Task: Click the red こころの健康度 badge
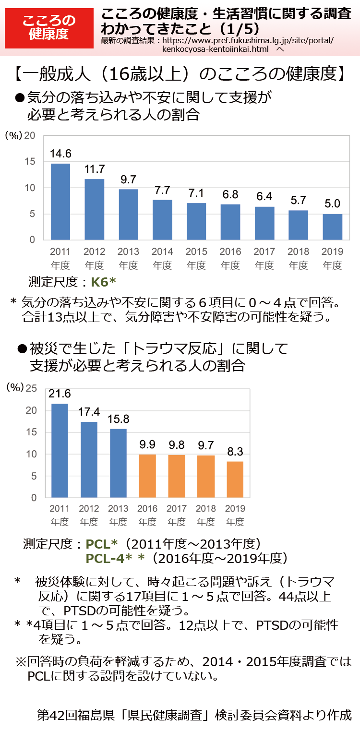(49, 27)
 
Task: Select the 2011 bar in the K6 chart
(60, 202)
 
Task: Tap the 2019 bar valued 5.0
(332, 227)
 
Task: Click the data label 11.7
(95, 169)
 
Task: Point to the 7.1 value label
(196, 193)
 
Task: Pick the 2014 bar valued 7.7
(162, 219)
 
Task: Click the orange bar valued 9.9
(147, 476)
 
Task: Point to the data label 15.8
(118, 419)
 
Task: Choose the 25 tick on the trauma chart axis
(31, 388)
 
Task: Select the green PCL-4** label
(115, 558)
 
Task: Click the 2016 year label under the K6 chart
(230, 252)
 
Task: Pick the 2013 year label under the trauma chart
(118, 508)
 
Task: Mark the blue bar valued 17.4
(89, 459)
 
